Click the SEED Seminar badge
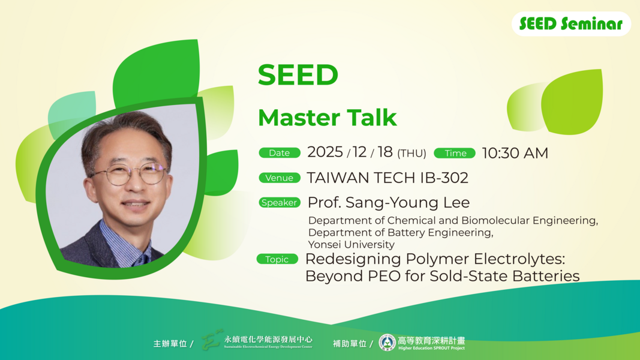(570, 24)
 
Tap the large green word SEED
(298, 75)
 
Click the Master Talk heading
(327, 118)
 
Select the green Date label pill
(280, 153)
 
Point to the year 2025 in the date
(325, 152)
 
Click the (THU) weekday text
(411, 154)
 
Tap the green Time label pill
(455, 153)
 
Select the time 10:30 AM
(515, 153)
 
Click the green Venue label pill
(280, 178)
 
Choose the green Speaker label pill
(280, 203)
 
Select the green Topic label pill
(277, 259)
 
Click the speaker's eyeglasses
(128, 175)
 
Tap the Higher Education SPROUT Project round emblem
(387, 343)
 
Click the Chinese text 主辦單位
(170, 344)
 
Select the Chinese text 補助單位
(350, 344)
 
